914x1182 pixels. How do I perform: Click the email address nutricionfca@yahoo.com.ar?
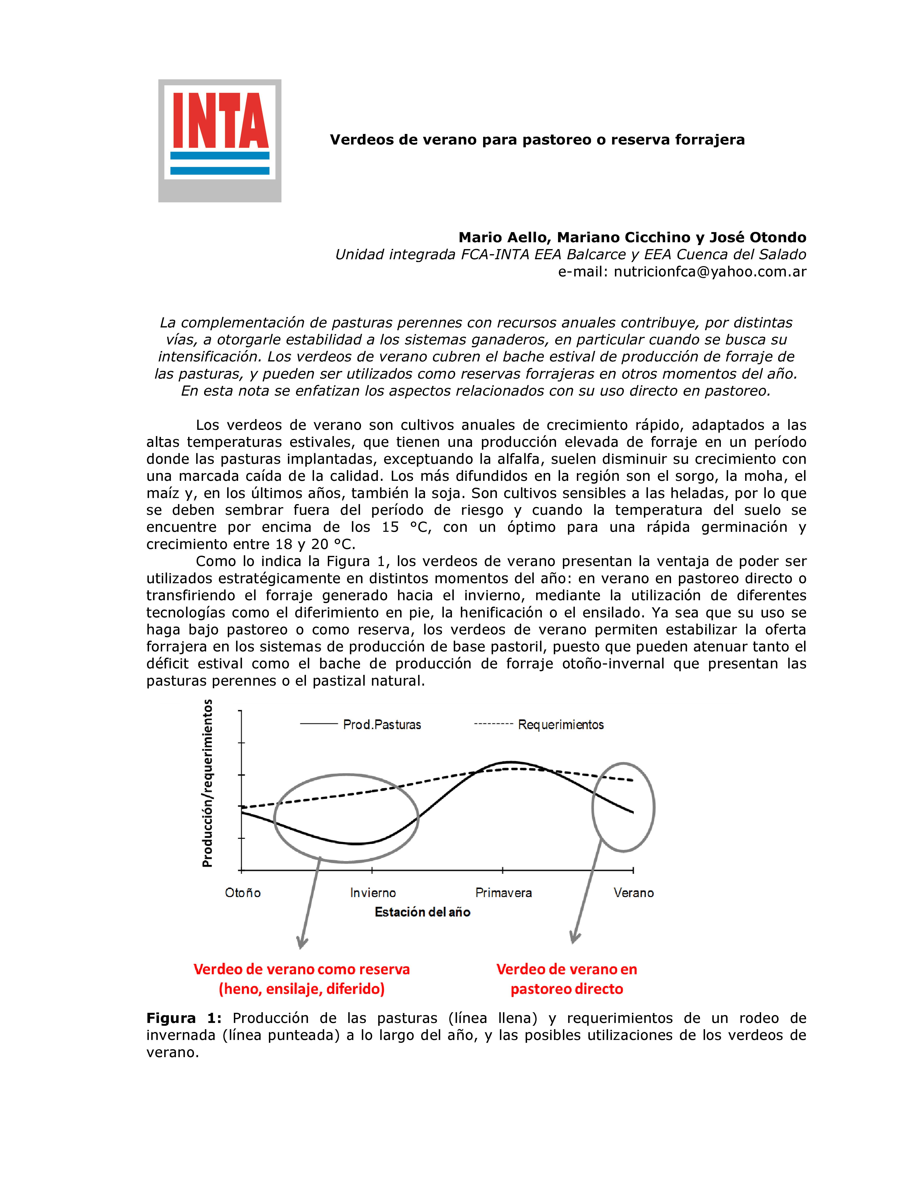(709, 272)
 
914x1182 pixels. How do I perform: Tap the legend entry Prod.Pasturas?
(382, 725)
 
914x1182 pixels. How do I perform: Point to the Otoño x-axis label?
(243, 892)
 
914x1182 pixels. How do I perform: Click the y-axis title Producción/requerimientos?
(207, 783)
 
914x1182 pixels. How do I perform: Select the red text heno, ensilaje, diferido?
(302, 989)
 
